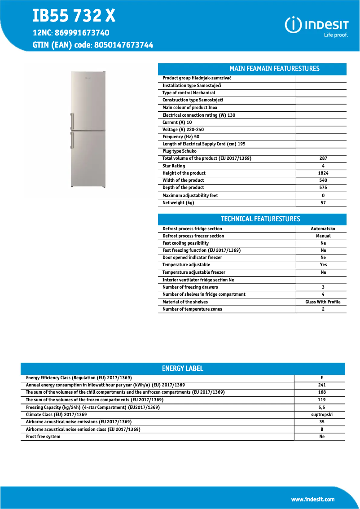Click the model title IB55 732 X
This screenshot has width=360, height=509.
74,16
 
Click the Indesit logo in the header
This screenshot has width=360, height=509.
316,26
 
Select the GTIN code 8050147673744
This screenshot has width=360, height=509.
123,45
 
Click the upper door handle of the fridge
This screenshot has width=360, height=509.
72,121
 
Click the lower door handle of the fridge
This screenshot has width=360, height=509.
72,140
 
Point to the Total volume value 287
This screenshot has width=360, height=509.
323,158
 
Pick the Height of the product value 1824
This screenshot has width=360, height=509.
323,173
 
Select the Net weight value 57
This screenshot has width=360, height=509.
323,203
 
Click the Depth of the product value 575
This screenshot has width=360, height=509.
323,188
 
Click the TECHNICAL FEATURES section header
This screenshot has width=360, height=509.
260,219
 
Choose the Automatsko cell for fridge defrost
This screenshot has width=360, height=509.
323,229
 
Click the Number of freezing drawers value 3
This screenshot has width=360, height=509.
323,287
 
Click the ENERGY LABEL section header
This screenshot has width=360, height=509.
183,369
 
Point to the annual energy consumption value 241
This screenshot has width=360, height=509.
321,385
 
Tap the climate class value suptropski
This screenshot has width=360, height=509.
321,415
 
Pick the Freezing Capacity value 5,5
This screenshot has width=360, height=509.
321,408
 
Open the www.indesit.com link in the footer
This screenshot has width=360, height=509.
313,500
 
